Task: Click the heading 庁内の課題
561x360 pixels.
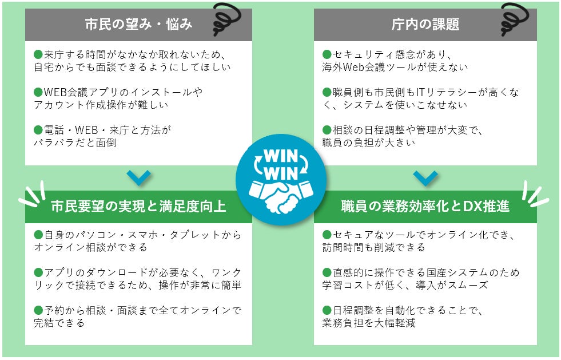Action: (x=425, y=25)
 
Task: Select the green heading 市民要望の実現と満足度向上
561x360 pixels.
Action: (x=138, y=207)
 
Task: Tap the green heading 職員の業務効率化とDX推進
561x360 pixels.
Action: (x=425, y=207)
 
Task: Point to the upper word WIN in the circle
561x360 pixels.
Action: (x=281, y=156)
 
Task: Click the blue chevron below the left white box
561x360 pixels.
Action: (x=138, y=177)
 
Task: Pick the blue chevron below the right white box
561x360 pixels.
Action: (x=425, y=177)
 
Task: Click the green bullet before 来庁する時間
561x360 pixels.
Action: (x=39, y=55)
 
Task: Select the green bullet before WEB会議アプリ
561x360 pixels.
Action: (x=39, y=92)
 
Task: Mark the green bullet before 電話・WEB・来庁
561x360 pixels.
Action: (x=39, y=130)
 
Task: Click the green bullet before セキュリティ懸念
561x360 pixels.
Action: (x=327, y=55)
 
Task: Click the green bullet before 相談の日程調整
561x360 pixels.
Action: (x=327, y=130)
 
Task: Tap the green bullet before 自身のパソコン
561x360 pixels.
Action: (x=39, y=235)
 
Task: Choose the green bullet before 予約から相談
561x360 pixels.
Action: (x=39, y=310)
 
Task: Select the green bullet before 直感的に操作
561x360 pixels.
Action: (x=327, y=272)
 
